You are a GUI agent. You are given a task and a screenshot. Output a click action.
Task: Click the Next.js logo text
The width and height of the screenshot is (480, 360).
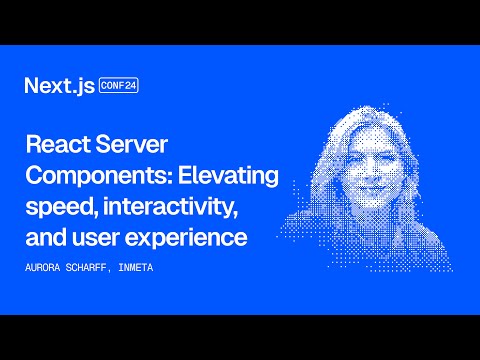pos(59,86)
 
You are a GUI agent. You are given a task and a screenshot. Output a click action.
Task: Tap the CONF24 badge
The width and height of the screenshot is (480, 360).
pos(119,85)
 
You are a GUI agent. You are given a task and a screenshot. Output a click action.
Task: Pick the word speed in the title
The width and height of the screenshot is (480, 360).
pos(55,210)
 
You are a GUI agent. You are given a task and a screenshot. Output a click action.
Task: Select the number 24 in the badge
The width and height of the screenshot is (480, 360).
pos(131,85)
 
